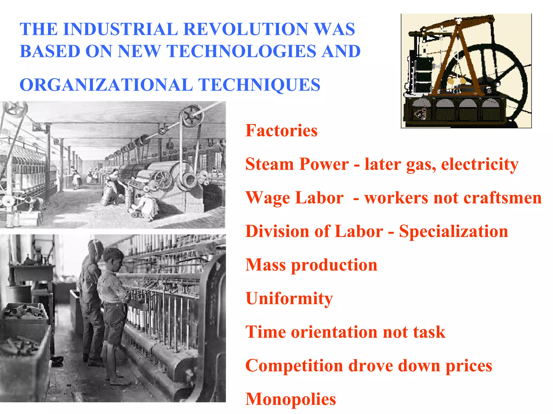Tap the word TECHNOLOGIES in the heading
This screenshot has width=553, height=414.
(x=241, y=51)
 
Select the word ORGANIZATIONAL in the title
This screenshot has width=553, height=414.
(x=106, y=85)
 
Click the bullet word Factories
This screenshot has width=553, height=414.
(x=281, y=131)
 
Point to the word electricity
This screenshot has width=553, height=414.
(x=480, y=164)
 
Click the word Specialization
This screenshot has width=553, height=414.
(x=453, y=232)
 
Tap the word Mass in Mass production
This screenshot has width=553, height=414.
(x=265, y=265)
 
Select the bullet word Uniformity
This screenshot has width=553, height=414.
(x=289, y=299)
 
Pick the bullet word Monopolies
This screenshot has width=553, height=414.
(x=291, y=399)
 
